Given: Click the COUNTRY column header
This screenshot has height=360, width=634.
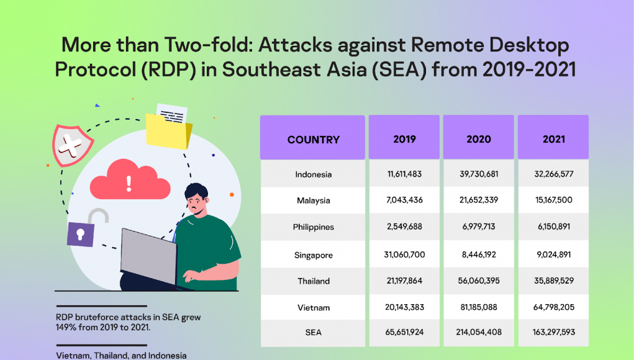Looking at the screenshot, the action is pyautogui.click(x=314, y=140).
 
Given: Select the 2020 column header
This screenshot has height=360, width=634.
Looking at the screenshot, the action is pyautogui.click(x=479, y=140).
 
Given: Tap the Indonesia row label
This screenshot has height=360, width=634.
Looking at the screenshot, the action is pyautogui.click(x=314, y=174).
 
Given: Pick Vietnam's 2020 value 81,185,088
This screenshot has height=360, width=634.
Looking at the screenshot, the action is pyautogui.click(x=479, y=307).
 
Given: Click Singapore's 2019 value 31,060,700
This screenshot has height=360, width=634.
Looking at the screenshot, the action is pyautogui.click(x=404, y=254).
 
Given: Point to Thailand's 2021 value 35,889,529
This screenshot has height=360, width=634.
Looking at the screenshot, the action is pyautogui.click(x=554, y=281).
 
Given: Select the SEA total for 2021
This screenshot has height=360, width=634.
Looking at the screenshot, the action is pyautogui.click(x=554, y=332).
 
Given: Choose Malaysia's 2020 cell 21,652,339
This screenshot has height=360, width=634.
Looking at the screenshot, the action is pyautogui.click(x=479, y=200).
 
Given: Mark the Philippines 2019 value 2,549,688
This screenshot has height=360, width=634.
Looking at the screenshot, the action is pyautogui.click(x=404, y=227).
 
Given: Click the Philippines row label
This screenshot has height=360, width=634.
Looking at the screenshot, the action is pyautogui.click(x=314, y=227).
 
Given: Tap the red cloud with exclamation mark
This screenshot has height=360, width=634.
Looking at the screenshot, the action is pyautogui.click(x=130, y=180).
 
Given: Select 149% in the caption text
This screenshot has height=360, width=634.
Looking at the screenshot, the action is pyautogui.click(x=65, y=327).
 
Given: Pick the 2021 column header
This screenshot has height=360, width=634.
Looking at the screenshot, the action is pyautogui.click(x=553, y=140).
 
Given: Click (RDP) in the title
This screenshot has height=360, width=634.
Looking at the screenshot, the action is pyautogui.click(x=169, y=70).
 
